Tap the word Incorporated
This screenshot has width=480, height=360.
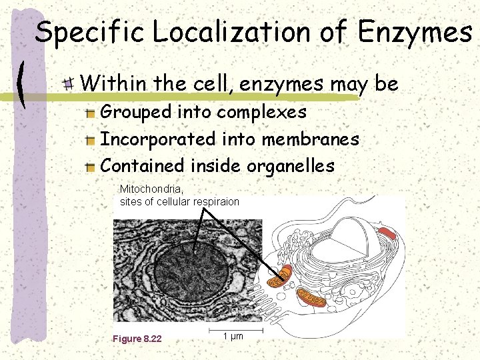[x=158, y=139]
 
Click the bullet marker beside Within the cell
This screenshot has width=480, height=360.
[x=69, y=84]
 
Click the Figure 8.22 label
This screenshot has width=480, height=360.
[x=137, y=339]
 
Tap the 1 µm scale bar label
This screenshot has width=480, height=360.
[x=233, y=336]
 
